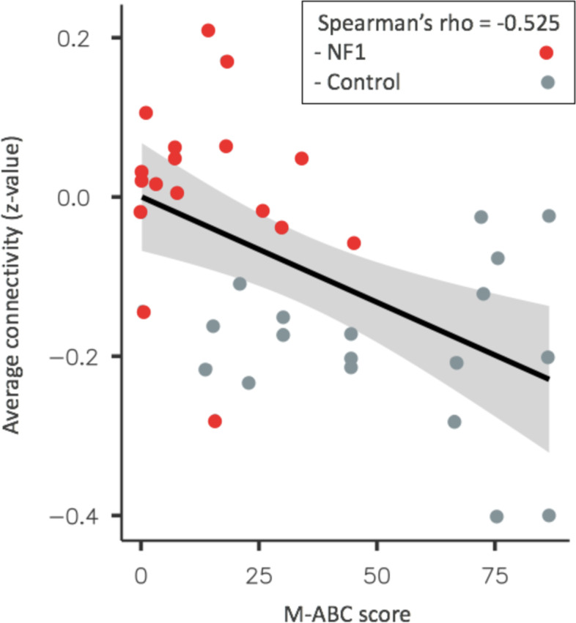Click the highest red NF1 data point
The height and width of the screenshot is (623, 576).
click(208, 31)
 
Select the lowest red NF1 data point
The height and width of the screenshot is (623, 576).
click(215, 421)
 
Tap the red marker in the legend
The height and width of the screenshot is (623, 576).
click(547, 53)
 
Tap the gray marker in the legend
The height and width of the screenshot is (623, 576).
click(547, 83)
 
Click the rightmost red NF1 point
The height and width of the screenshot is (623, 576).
click(354, 243)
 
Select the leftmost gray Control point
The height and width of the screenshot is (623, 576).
click(205, 370)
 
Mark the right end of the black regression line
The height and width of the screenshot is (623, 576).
click(548, 378)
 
